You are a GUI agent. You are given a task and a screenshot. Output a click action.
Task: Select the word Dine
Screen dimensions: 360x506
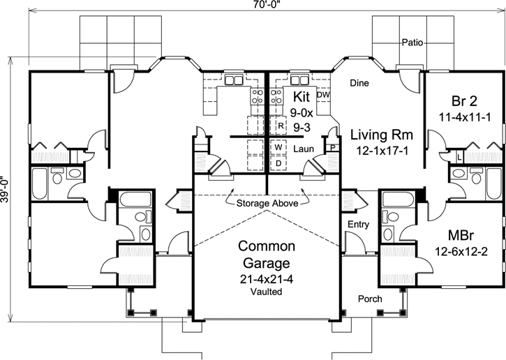pos(359,83)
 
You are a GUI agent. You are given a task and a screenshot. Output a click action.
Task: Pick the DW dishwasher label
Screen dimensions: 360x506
pos(322,95)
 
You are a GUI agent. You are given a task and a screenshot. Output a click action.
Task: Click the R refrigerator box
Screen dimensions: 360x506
pos(279,126)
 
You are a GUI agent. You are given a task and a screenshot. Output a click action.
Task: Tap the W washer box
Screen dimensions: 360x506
pos(278,148)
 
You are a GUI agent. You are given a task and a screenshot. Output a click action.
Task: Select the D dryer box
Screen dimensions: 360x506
pos(278,163)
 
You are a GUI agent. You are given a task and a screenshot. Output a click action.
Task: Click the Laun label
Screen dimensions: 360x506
pos(302,149)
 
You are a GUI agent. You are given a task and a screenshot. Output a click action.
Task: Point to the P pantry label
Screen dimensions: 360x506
pos(334,148)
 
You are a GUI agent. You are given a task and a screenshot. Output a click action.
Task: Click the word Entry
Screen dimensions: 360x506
pos(357,224)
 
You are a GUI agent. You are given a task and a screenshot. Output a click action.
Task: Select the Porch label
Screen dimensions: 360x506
pos(370,299)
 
